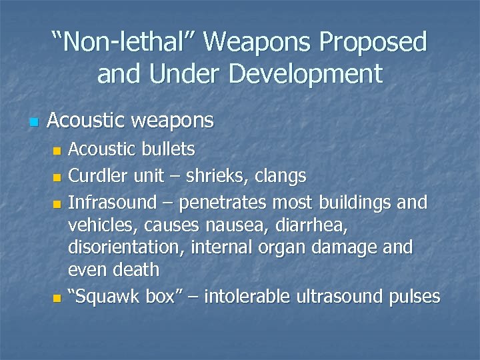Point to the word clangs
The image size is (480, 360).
click(x=281, y=177)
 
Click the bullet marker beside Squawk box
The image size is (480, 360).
click(x=57, y=297)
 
